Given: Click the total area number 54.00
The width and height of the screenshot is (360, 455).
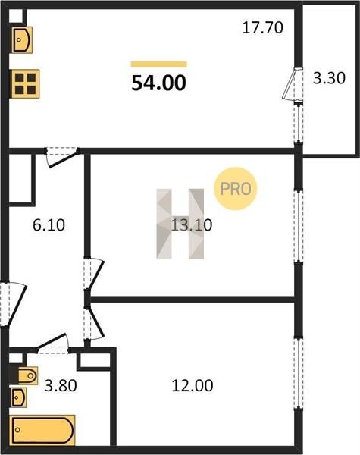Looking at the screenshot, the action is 158,83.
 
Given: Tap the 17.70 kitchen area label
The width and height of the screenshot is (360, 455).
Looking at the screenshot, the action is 262,27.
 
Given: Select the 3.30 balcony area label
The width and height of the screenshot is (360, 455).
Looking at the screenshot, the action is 329,78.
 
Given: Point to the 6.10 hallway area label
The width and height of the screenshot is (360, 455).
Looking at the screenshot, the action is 49,225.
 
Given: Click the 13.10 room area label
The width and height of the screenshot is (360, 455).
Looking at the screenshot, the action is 192,225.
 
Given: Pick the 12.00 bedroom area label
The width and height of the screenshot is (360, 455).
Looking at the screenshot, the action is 193,385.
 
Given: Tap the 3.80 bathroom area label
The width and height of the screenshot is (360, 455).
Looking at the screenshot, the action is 61,386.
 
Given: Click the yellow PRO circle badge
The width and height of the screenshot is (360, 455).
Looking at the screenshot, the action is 236,189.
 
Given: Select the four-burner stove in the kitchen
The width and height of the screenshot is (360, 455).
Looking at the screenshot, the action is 25,84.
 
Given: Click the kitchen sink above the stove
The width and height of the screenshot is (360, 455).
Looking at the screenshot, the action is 22,39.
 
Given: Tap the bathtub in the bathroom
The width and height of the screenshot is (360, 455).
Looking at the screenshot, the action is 42,430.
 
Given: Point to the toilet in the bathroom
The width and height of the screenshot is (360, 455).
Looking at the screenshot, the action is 28,376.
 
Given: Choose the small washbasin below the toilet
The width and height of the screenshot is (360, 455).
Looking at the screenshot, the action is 19,397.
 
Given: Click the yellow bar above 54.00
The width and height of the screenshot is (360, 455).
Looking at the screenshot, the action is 158,64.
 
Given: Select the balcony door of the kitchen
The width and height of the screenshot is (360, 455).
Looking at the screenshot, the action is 293,84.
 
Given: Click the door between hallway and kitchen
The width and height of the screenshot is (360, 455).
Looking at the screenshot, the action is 62,157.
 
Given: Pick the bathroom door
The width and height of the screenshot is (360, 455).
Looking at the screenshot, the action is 53,344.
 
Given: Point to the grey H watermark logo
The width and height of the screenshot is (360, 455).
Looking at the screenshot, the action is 180,224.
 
